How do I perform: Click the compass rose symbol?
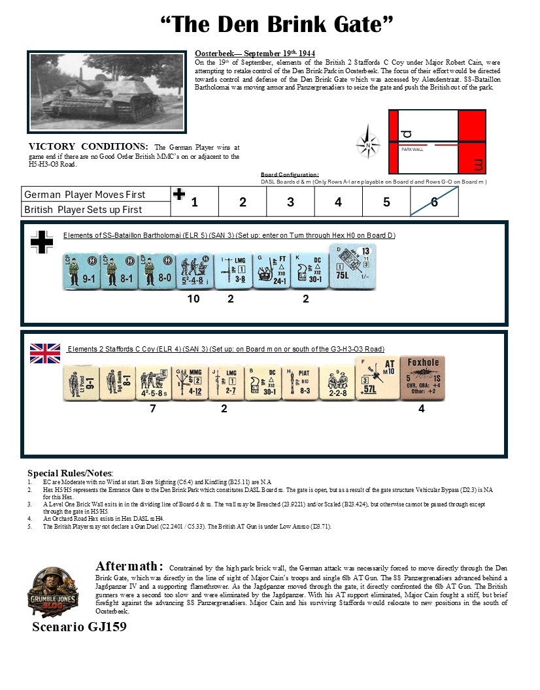(369, 144)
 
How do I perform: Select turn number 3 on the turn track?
(290, 202)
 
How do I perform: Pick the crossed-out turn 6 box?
(435, 202)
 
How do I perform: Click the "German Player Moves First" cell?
(85, 195)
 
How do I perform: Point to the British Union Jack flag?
(45, 353)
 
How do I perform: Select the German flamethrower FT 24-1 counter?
(271, 270)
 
